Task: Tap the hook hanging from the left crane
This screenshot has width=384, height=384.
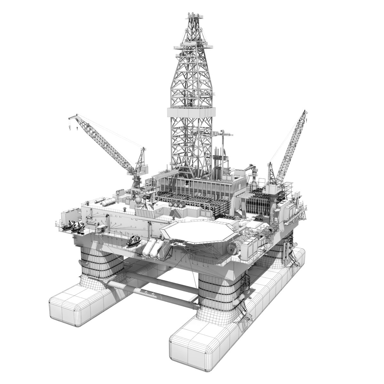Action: click(69, 128)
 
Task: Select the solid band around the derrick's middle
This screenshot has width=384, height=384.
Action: click(191, 114)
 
